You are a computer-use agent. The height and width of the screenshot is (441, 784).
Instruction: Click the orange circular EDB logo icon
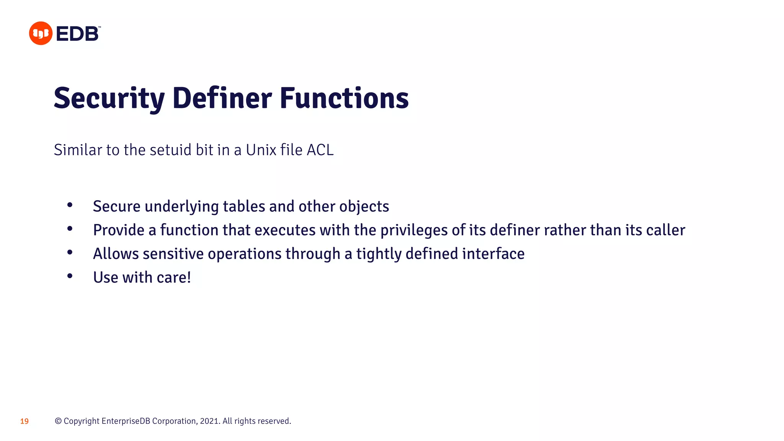click(41, 33)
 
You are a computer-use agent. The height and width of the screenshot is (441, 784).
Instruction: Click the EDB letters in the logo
click(77, 34)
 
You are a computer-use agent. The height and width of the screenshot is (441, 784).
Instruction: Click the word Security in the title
click(109, 98)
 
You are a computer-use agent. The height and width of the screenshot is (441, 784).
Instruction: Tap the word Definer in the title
click(222, 98)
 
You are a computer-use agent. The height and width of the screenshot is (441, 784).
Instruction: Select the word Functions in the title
click(344, 98)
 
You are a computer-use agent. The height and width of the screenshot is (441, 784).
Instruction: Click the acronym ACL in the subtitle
click(320, 150)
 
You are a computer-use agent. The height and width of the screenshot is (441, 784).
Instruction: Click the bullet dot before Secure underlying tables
click(70, 205)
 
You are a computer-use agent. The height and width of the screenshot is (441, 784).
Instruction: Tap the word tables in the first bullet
click(244, 206)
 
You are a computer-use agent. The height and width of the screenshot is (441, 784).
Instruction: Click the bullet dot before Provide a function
click(70, 229)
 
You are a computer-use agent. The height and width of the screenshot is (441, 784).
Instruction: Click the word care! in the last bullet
click(174, 278)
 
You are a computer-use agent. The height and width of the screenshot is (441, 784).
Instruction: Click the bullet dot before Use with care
click(70, 276)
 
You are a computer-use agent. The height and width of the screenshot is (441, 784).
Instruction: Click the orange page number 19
click(24, 421)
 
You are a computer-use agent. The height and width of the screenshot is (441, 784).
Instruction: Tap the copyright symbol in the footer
click(58, 421)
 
